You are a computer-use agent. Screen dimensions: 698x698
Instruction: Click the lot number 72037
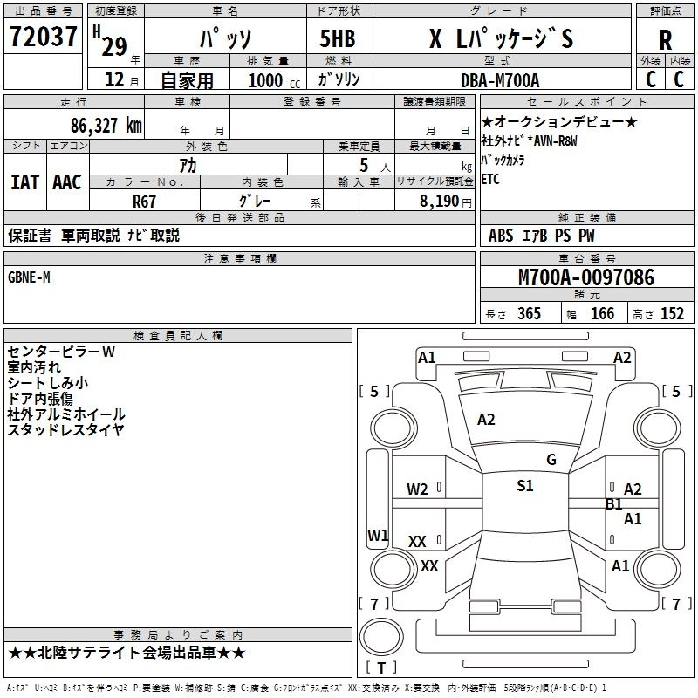coord(43,36)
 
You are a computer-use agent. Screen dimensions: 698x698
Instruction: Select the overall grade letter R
coord(665,40)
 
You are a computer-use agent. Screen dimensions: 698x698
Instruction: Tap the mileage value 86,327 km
coord(106,126)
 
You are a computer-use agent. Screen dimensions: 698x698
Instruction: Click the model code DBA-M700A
coord(500,80)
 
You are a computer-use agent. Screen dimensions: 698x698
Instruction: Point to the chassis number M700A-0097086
coord(586,277)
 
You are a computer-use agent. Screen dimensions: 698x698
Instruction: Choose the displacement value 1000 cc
coord(274,80)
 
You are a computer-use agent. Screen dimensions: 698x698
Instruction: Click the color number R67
coord(144,202)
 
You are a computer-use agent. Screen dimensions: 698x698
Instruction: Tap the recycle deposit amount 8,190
coord(439,202)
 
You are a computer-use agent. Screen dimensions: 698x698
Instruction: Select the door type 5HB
coord(338,38)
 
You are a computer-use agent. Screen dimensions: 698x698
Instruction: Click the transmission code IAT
coord(25,182)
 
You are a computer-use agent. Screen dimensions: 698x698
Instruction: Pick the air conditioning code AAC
coord(67,182)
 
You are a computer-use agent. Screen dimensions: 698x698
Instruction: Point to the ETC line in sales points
coord(490,179)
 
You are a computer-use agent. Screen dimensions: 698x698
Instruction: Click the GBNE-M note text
coord(29,277)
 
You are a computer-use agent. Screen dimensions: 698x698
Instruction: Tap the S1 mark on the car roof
coord(525,485)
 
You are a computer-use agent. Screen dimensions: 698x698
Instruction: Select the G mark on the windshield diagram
coord(551,459)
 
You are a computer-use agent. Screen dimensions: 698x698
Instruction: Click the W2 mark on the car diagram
coord(417,489)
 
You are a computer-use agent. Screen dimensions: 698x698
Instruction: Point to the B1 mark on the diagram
coord(614,504)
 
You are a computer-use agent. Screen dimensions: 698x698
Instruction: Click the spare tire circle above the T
coord(381,637)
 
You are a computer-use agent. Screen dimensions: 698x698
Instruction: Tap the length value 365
coord(529,313)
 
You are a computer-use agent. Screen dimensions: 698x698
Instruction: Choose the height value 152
coord(672,313)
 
